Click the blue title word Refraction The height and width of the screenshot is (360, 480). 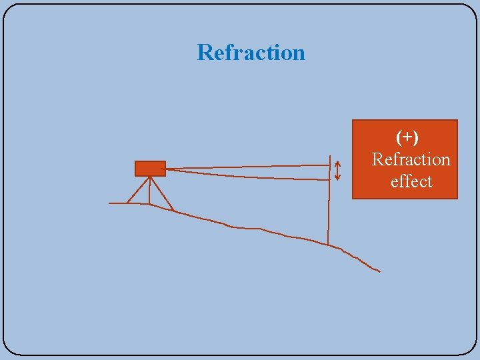251,53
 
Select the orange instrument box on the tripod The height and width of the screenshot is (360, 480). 150,168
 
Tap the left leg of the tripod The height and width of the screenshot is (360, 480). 137,191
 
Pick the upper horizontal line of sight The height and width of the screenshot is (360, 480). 247,166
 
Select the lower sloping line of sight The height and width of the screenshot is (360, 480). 247,175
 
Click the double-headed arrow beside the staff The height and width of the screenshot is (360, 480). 337,171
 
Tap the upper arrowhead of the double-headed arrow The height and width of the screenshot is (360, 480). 337,163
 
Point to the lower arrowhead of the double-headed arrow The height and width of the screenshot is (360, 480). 337,179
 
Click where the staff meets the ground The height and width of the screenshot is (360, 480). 328,244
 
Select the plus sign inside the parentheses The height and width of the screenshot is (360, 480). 407,137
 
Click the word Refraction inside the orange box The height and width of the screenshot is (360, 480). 411,159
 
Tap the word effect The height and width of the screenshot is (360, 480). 411,181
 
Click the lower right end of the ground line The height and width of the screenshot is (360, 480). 379,271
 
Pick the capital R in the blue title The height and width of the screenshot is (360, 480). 205,53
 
